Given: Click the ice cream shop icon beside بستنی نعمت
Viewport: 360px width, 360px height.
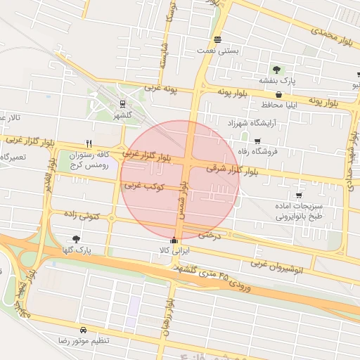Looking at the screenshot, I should click(x=217, y=39).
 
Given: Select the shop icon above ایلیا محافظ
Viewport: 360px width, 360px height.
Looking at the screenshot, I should click(x=279, y=94).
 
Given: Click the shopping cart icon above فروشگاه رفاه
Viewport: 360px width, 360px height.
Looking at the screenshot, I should click(x=257, y=141).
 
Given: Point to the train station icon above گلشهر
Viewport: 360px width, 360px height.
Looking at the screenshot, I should click(x=124, y=104).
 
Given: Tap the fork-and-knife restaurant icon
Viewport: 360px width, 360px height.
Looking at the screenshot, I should click(x=89, y=142).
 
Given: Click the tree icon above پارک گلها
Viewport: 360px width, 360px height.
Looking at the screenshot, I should click(x=76, y=239).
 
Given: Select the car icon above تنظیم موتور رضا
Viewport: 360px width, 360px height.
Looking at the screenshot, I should click(x=84, y=330).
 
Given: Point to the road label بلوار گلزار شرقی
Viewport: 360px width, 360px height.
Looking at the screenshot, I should click(x=238, y=169).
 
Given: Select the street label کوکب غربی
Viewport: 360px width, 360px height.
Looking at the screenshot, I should click(x=144, y=187).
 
